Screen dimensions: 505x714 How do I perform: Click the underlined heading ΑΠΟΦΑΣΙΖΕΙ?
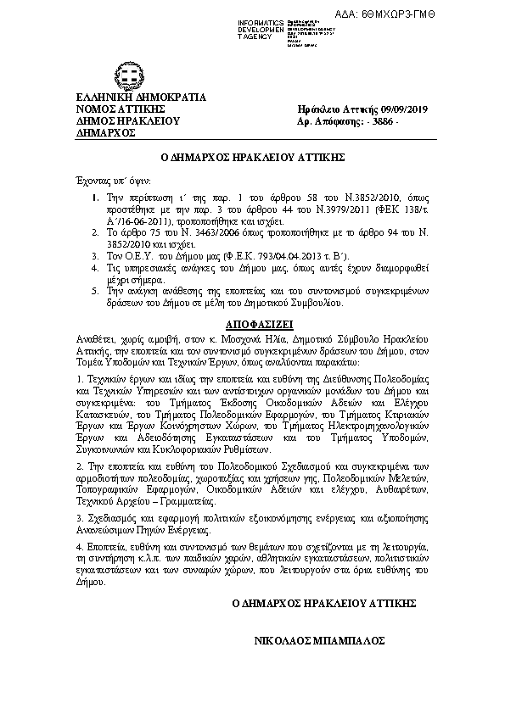tap(253, 325)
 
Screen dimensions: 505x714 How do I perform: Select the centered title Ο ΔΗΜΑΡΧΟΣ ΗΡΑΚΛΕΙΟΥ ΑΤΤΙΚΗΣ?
tap(251, 159)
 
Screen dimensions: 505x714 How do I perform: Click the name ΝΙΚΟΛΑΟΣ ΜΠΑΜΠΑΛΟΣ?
tap(320, 641)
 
